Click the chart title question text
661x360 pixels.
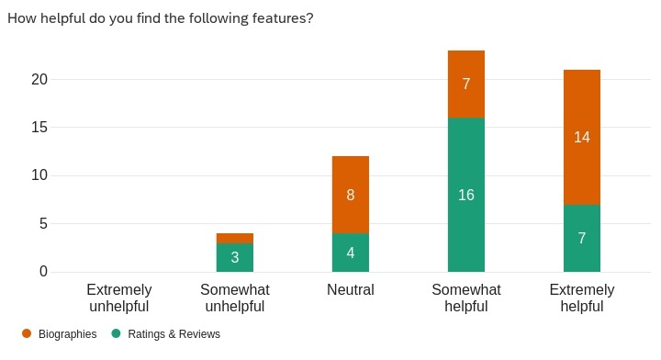coord(161,18)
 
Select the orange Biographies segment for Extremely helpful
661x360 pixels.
coord(582,137)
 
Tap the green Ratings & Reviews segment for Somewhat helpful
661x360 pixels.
coord(466,195)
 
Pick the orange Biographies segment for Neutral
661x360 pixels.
coord(351,195)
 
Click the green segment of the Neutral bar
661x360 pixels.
coord(351,253)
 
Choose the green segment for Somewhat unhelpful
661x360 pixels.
coord(235,257)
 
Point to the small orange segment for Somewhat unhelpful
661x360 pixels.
coord(235,238)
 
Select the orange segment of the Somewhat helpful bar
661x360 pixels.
coord(466,84)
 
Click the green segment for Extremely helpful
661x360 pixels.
coord(582,238)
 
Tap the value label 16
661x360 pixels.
coord(466,195)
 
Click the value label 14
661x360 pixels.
coord(582,137)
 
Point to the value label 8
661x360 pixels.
coord(351,195)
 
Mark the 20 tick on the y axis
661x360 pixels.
coord(38,79)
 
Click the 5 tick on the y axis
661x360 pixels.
coord(42,223)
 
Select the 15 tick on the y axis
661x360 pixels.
coord(38,127)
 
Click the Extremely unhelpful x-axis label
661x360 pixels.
coord(119,298)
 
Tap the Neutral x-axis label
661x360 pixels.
coord(351,290)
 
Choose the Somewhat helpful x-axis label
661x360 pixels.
coord(466,298)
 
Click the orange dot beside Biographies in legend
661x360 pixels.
coord(26,334)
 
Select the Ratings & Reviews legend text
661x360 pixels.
coord(174,334)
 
